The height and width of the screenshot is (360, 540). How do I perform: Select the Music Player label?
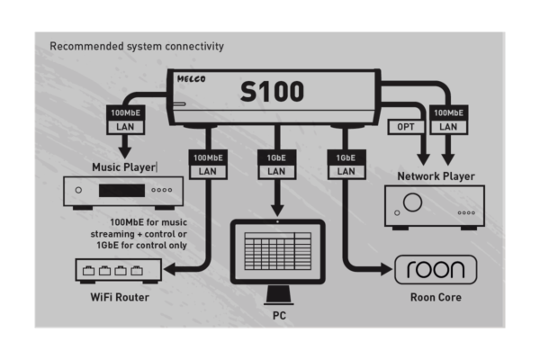click(x=123, y=167)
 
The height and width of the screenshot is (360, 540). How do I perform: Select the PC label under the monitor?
click(x=279, y=317)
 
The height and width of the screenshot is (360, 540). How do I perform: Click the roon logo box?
click(x=436, y=269)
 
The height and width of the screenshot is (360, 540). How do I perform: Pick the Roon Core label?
click(x=436, y=295)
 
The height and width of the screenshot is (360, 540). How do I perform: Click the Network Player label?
click(x=436, y=176)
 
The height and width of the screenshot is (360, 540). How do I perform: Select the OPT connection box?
click(x=406, y=127)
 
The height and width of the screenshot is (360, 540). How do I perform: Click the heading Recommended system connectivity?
click(x=137, y=46)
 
